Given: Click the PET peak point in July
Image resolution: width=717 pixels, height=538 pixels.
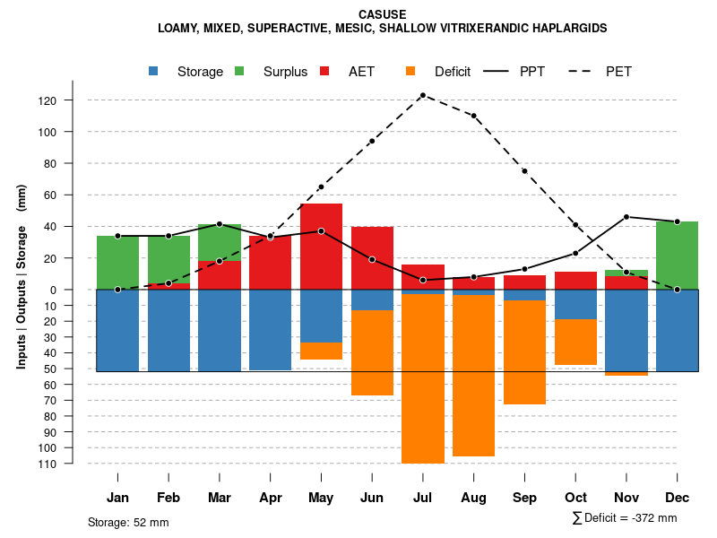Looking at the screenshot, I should [423, 95].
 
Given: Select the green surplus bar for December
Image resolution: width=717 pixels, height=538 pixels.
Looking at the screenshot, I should [677, 256].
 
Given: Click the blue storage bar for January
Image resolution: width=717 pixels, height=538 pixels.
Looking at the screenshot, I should [117, 330].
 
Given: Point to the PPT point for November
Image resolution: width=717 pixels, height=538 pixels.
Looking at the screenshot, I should [626, 217].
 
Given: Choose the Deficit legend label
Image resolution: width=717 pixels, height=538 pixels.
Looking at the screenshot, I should [453, 72].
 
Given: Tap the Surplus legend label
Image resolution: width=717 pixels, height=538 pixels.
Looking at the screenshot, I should [285, 72].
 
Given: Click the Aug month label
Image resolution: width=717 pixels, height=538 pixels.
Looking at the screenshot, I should [474, 498].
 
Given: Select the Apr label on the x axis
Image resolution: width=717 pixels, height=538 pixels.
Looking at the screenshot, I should [271, 498].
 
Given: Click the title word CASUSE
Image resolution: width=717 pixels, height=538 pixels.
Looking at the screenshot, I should [382, 14].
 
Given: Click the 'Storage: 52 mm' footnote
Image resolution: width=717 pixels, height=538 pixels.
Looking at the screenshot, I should [128, 522].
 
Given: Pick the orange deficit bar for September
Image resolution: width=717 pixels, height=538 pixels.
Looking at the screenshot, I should [524, 352].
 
